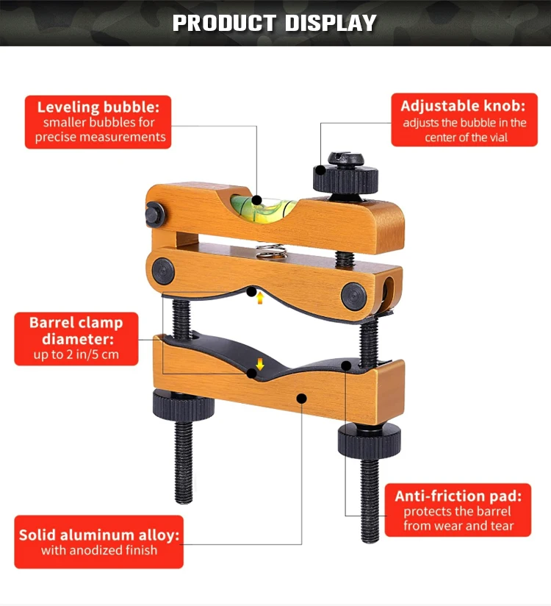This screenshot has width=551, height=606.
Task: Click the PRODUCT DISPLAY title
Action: tap(275, 23)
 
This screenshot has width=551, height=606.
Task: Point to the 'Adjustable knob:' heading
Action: tap(464, 106)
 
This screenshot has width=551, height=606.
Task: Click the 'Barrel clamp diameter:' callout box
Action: tap(76, 339)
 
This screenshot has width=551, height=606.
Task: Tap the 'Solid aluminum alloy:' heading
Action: tap(99, 535)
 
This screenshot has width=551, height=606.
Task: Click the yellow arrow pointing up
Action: tap(259, 297)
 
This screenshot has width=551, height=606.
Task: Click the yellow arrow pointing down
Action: tap(259, 363)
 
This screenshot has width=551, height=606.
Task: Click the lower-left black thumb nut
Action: tap(182, 402)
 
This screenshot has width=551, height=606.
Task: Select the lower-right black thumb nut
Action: tap(369, 440)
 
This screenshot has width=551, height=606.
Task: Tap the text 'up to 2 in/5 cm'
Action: tap(76, 355)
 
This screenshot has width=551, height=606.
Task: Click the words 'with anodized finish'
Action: tap(99, 551)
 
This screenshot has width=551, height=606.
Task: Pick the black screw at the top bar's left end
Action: tap(154, 215)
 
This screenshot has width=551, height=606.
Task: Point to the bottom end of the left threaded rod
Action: tap(184, 498)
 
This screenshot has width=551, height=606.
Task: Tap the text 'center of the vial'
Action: tap(466, 138)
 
